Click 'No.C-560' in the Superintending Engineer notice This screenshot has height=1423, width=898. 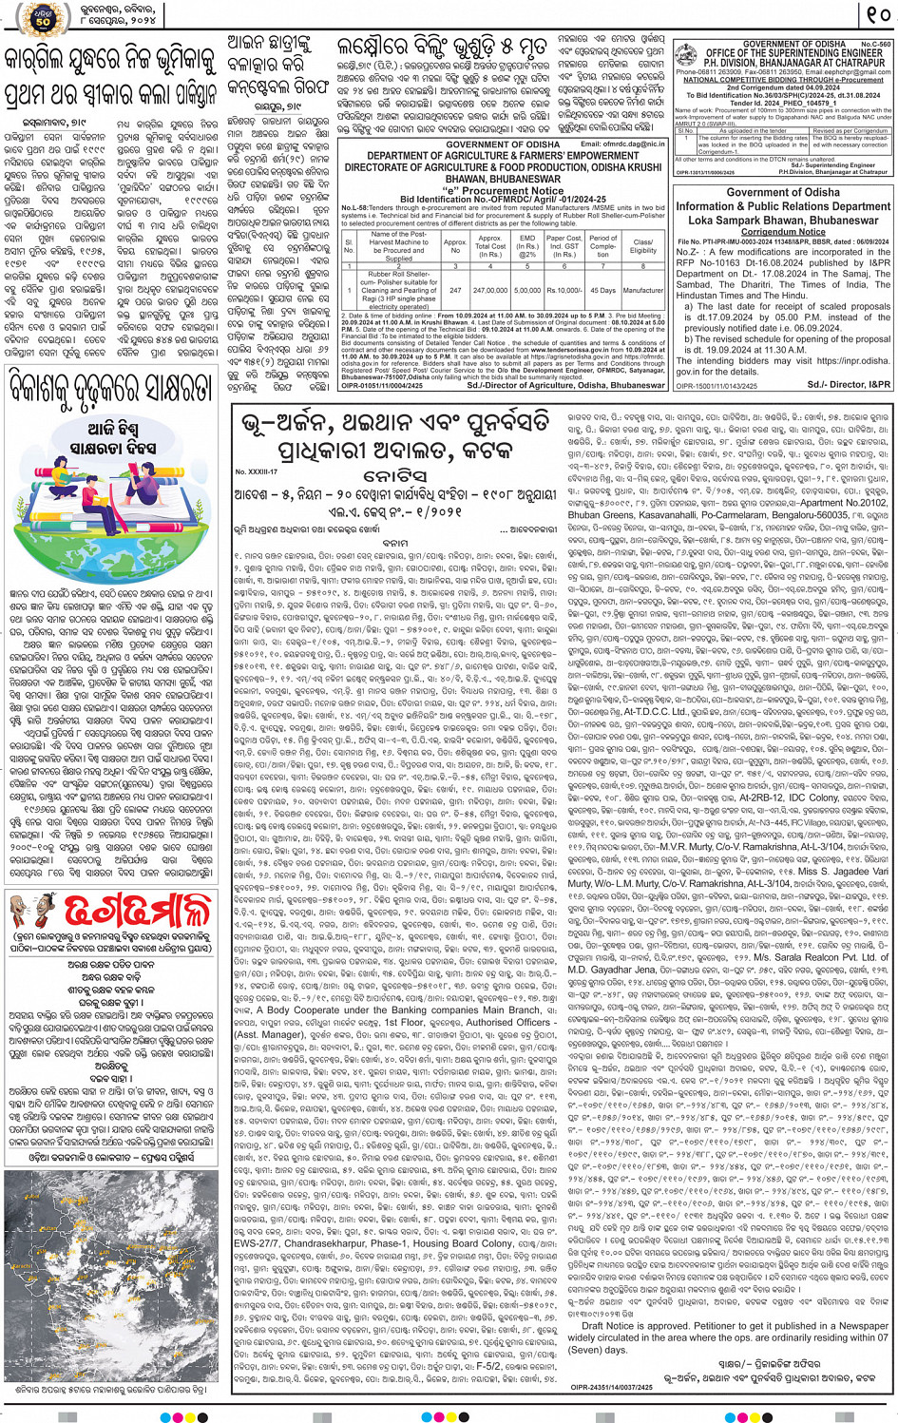[x=875, y=44]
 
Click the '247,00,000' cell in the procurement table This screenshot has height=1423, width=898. [x=490, y=290]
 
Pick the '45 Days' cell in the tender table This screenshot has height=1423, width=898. [x=602, y=290]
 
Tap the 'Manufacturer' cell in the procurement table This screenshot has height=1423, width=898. [x=643, y=290]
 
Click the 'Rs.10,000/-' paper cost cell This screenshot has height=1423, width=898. [x=564, y=290]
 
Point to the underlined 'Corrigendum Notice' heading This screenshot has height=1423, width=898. [x=783, y=231]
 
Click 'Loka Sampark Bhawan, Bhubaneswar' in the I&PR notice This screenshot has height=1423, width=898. [x=783, y=220]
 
